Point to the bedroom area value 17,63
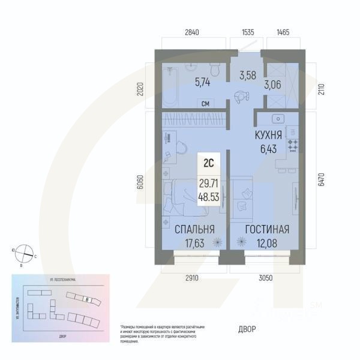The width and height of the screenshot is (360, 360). point(194,242)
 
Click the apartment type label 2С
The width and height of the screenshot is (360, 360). point(209,161)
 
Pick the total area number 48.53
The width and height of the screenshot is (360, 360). point(209,196)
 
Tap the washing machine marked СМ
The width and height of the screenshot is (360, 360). point(205,104)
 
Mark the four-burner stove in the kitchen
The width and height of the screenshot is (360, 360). point(294,144)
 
